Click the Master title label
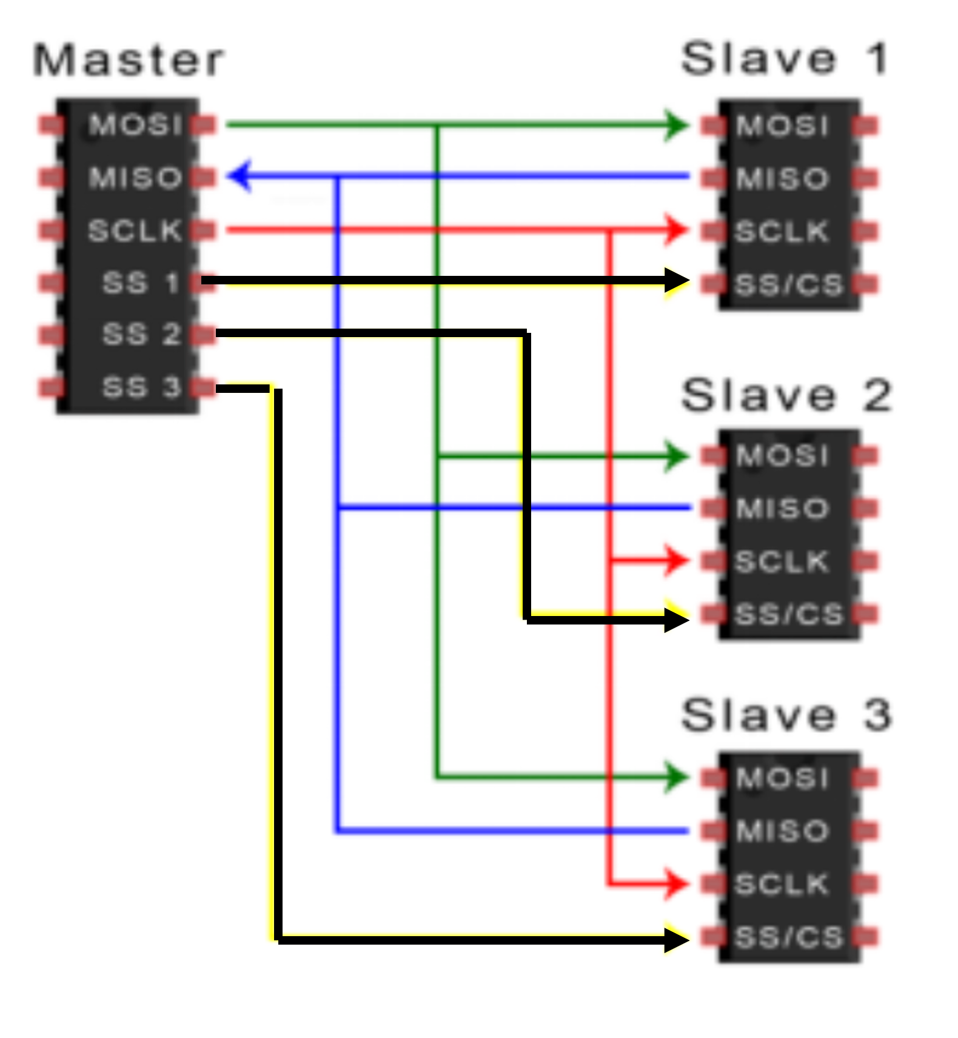[129, 61]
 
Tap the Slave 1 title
[785, 59]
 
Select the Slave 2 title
[786, 395]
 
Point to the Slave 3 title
[786, 715]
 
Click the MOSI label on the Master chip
[135, 125]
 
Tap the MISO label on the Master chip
[135, 178]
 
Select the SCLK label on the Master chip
[135, 230]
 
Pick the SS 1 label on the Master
[141, 283]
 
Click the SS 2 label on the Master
[141, 334]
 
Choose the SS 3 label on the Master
[141, 387]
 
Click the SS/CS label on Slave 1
[789, 284]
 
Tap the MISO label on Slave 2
[782, 508]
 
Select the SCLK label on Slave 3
[782, 884]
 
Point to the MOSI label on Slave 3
[782, 778]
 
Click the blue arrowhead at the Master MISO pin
[239, 176]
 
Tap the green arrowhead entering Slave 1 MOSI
[676, 126]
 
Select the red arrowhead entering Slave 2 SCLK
[676, 560]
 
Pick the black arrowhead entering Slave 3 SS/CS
[676, 939]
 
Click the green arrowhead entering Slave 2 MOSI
[676, 456]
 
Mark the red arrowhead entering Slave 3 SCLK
[676, 883]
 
